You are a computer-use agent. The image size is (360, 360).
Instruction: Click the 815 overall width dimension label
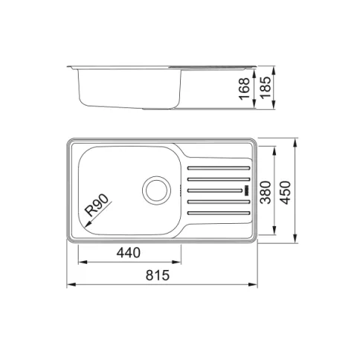[158, 275]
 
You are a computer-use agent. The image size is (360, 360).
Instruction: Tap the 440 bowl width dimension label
[129, 253]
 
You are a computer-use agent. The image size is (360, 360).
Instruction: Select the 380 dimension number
[266, 193]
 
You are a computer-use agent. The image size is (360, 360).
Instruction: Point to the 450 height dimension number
[286, 193]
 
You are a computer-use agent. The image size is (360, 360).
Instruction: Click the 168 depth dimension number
[244, 89]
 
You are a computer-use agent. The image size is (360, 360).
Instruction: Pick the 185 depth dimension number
[266, 87]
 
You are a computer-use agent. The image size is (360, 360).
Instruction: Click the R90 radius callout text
[97, 205]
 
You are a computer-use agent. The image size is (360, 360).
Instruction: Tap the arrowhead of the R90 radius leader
[87, 225]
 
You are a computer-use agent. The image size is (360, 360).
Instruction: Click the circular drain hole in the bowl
[156, 190]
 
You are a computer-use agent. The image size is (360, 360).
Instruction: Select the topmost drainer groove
[219, 168]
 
